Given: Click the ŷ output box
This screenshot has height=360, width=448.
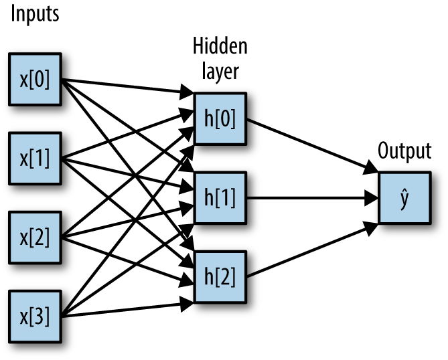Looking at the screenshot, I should pyautogui.click(x=404, y=197).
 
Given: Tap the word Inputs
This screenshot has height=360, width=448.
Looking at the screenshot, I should pyautogui.click(x=33, y=14).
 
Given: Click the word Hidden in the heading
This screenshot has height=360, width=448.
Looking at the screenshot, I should pyautogui.click(x=220, y=47).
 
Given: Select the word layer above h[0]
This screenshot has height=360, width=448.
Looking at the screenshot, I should pyautogui.click(x=220, y=70).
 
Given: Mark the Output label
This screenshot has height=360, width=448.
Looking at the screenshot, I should pyautogui.click(x=404, y=151).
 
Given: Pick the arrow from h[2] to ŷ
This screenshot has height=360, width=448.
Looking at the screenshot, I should pyautogui.click(x=308, y=251).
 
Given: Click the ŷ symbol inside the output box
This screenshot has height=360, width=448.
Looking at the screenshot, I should pyautogui.click(x=404, y=198).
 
